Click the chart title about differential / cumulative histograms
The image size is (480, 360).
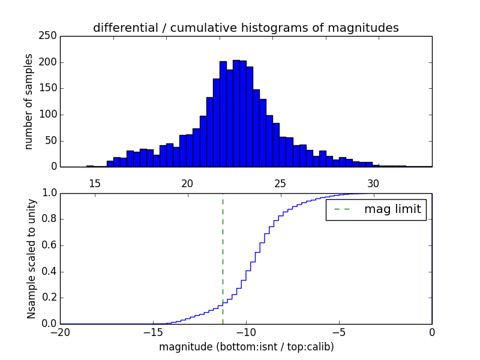(x=246, y=28)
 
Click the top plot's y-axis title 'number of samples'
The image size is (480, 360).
(x=29, y=101)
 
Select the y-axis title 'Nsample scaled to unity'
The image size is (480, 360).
(x=31, y=259)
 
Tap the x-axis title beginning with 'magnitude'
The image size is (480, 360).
(x=246, y=347)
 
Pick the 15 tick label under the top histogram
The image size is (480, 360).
(x=94, y=184)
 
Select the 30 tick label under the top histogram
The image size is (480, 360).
(x=373, y=184)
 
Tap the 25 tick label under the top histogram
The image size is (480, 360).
(x=280, y=184)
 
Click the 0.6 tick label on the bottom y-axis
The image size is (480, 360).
(x=49, y=245)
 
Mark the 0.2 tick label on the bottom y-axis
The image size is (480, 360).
(x=49, y=298)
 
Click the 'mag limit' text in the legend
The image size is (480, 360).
(x=392, y=209)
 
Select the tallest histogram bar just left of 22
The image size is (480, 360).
(x=223, y=114)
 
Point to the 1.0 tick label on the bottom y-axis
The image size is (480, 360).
(x=49, y=193)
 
